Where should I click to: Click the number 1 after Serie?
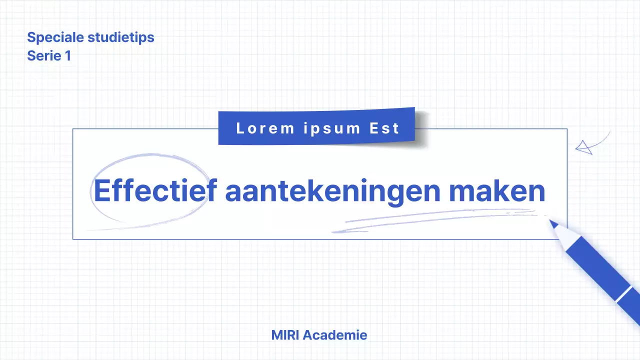click(x=67, y=55)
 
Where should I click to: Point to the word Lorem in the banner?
click(x=265, y=128)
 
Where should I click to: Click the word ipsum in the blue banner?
click(x=331, y=128)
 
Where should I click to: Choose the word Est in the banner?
click(x=384, y=128)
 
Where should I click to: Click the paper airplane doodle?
click(x=583, y=147)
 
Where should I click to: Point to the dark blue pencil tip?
click(x=553, y=223)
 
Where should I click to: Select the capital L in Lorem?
click(x=240, y=128)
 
